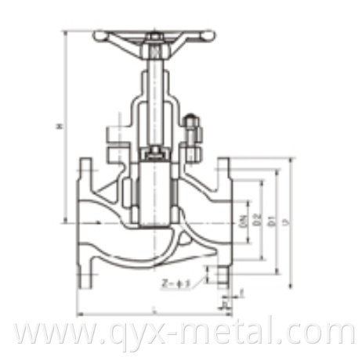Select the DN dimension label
(244, 221)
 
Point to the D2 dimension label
(258, 221)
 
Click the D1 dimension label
(270, 222)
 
